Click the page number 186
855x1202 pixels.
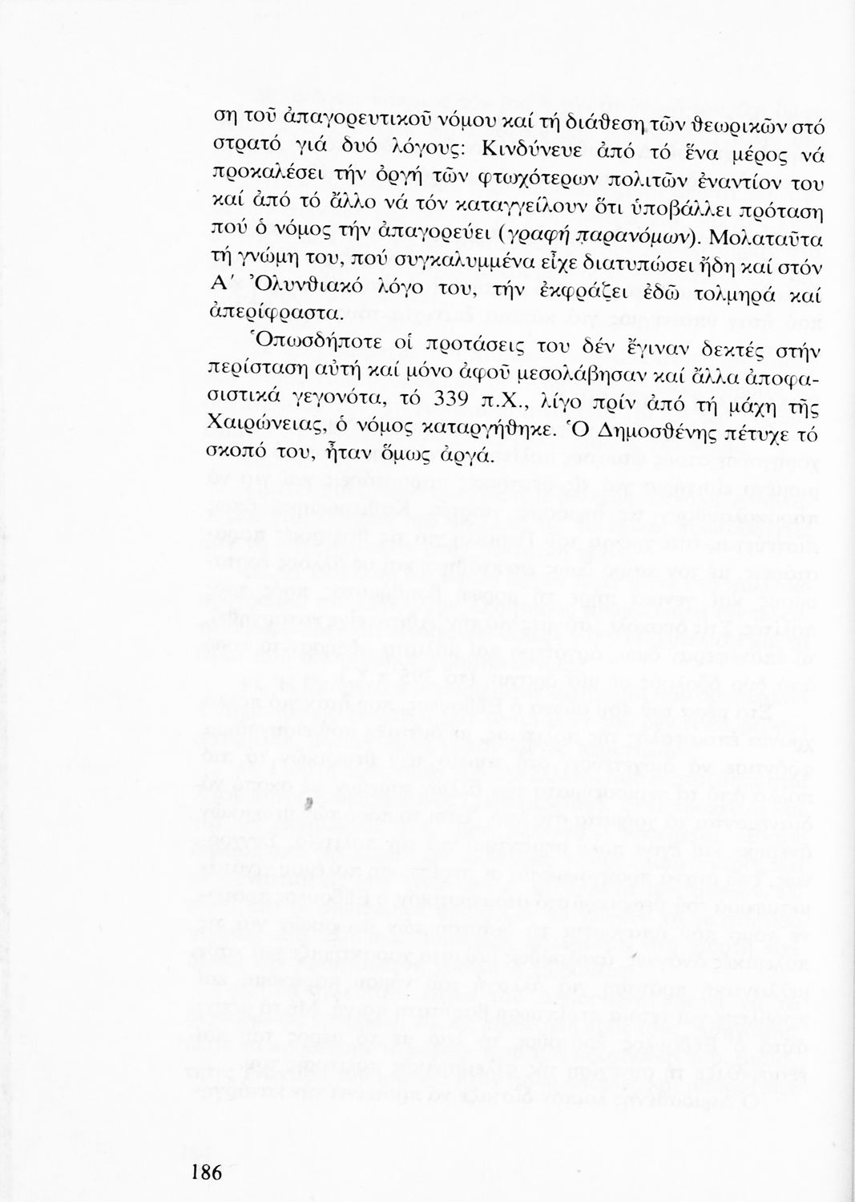click(x=205, y=1172)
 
